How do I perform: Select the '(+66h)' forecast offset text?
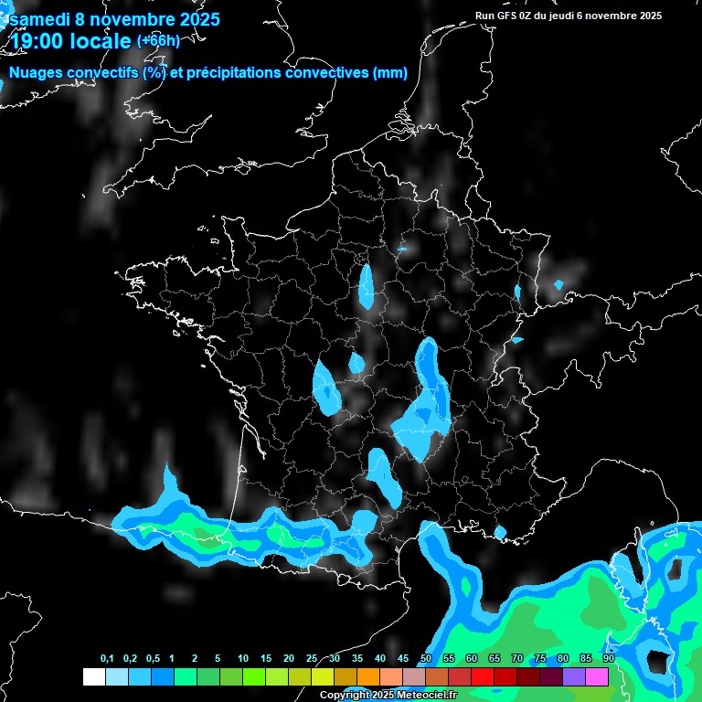(x=159, y=40)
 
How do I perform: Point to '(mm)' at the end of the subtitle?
(x=390, y=73)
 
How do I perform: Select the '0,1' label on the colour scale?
(x=107, y=659)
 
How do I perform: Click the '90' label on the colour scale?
(x=609, y=659)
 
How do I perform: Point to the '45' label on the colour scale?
(x=403, y=659)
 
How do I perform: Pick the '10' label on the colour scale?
(x=243, y=659)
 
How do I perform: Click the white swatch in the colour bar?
(x=93, y=676)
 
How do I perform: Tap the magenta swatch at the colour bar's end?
(x=597, y=676)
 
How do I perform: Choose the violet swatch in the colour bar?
(x=574, y=676)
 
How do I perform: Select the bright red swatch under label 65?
(x=483, y=676)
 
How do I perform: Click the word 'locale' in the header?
(x=101, y=42)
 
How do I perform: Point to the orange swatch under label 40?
(x=368, y=676)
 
